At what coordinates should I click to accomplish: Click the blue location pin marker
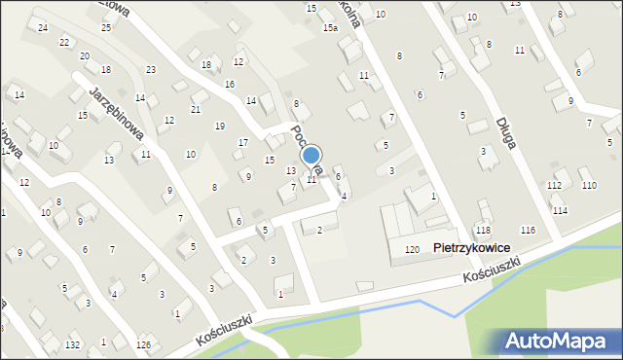(311, 156)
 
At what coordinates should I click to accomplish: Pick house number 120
(412, 250)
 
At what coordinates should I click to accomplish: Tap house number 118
(483, 230)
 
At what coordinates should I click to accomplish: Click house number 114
(560, 210)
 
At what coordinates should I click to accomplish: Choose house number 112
(554, 185)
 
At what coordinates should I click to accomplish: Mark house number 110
(589, 185)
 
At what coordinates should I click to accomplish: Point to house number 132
(72, 345)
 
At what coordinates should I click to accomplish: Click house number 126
(143, 345)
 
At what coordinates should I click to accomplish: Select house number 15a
(331, 29)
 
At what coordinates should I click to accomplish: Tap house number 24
(43, 27)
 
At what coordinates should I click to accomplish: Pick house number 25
(106, 27)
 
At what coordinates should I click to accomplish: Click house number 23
(151, 70)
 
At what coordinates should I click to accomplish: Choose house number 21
(196, 109)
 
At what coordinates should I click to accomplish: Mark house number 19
(220, 126)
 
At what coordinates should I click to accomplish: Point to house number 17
(243, 143)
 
